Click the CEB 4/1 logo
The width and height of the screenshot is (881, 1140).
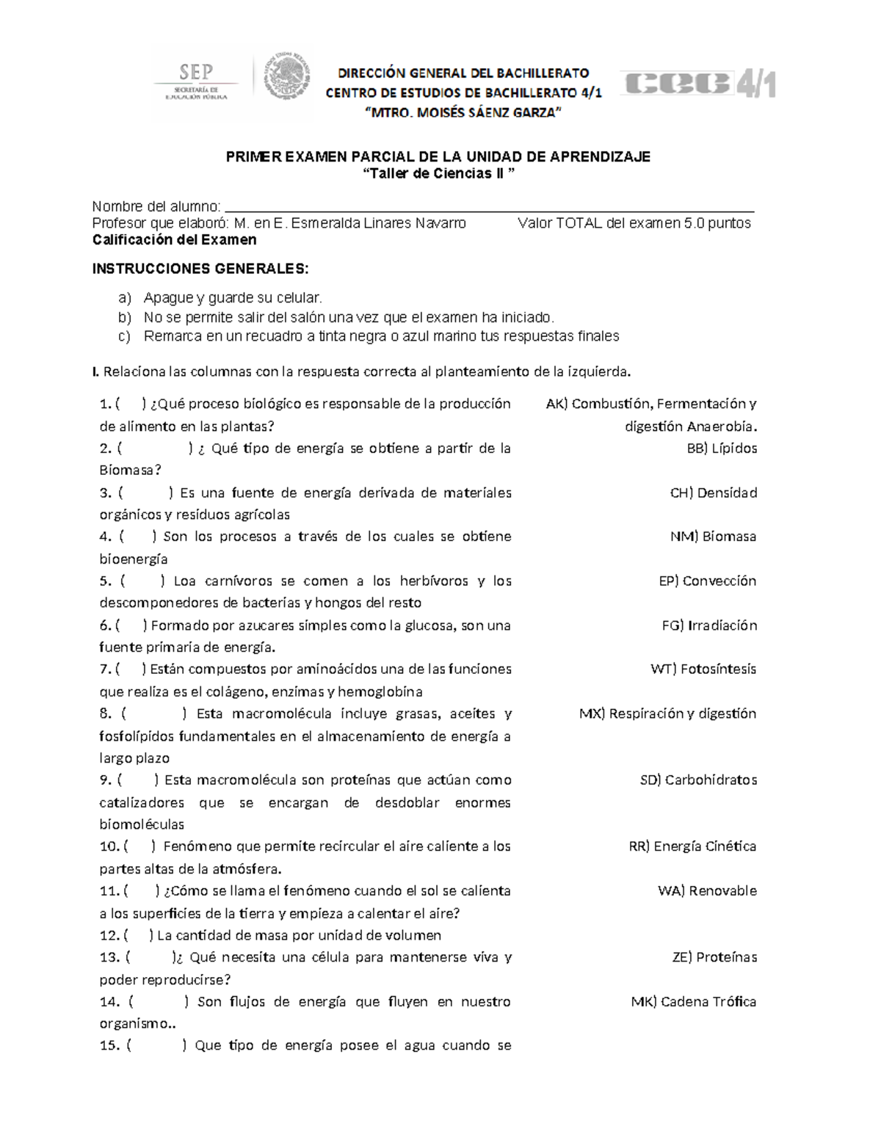coord(698,85)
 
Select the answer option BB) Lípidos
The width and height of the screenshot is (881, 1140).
coord(721,449)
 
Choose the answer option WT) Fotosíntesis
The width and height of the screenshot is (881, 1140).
coord(703,669)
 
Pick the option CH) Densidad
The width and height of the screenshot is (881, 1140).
coord(713,493)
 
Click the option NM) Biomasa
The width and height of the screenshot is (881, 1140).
coord(712,537)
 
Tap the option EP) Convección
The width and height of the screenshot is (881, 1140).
coord(707,581)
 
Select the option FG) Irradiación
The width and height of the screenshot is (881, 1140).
coord(708,625)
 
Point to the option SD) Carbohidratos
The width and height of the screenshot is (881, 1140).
coord(697,780)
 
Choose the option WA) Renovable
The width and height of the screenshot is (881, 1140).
coord(706,891)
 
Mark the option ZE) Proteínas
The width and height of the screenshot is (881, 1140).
coord(714,957)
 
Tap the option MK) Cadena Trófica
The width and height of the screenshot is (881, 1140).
coord(693,1002)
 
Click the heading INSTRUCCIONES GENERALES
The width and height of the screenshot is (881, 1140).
coord(200,269)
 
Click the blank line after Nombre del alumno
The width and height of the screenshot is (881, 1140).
coord(488,207)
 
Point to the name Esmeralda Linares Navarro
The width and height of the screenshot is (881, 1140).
coord(378,223)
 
